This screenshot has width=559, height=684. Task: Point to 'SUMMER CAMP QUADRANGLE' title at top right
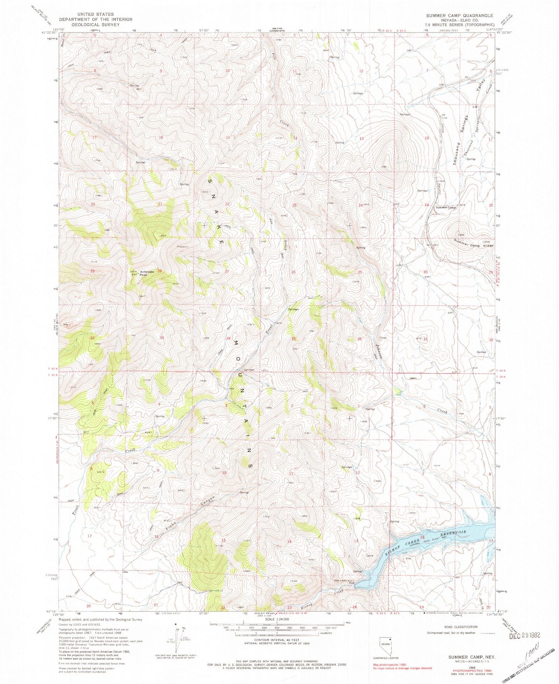[460, 15]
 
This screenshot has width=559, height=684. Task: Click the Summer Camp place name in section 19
[446, 207]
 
